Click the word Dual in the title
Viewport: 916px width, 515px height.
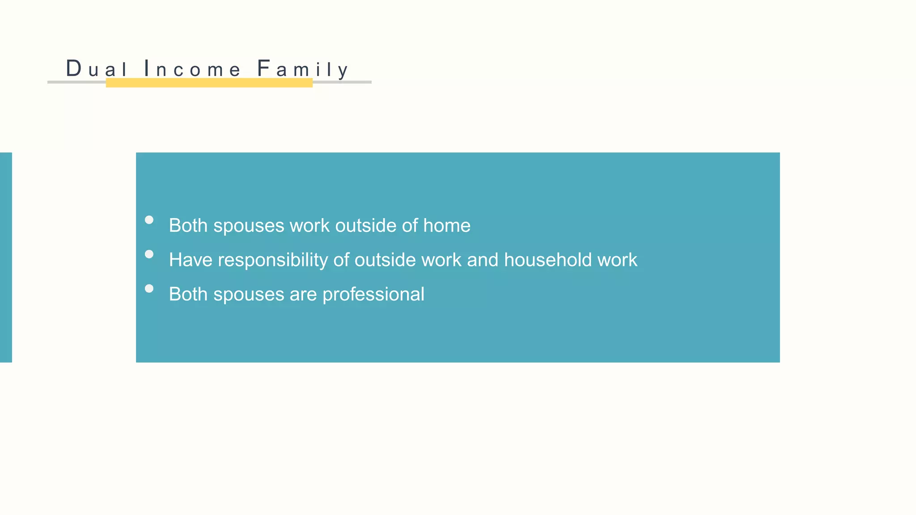point(97,69)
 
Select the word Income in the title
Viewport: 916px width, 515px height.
point(192,69)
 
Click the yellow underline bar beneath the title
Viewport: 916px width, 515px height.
point(209,83)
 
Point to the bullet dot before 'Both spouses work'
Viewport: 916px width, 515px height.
point(149,220)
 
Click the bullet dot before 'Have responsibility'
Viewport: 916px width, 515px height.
point(149,254)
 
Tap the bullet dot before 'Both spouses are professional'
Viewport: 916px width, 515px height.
point(149,289)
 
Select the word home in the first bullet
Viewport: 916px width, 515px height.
point(447,226)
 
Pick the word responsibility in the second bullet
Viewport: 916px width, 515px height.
point(272,260)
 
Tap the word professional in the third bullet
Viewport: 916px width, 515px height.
point(373,295)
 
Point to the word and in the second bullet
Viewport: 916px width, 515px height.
point(483,260)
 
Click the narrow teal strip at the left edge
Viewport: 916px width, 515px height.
point(6,257)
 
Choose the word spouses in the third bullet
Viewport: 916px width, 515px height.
point(249,295)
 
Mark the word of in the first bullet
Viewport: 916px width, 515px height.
point(410,226)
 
